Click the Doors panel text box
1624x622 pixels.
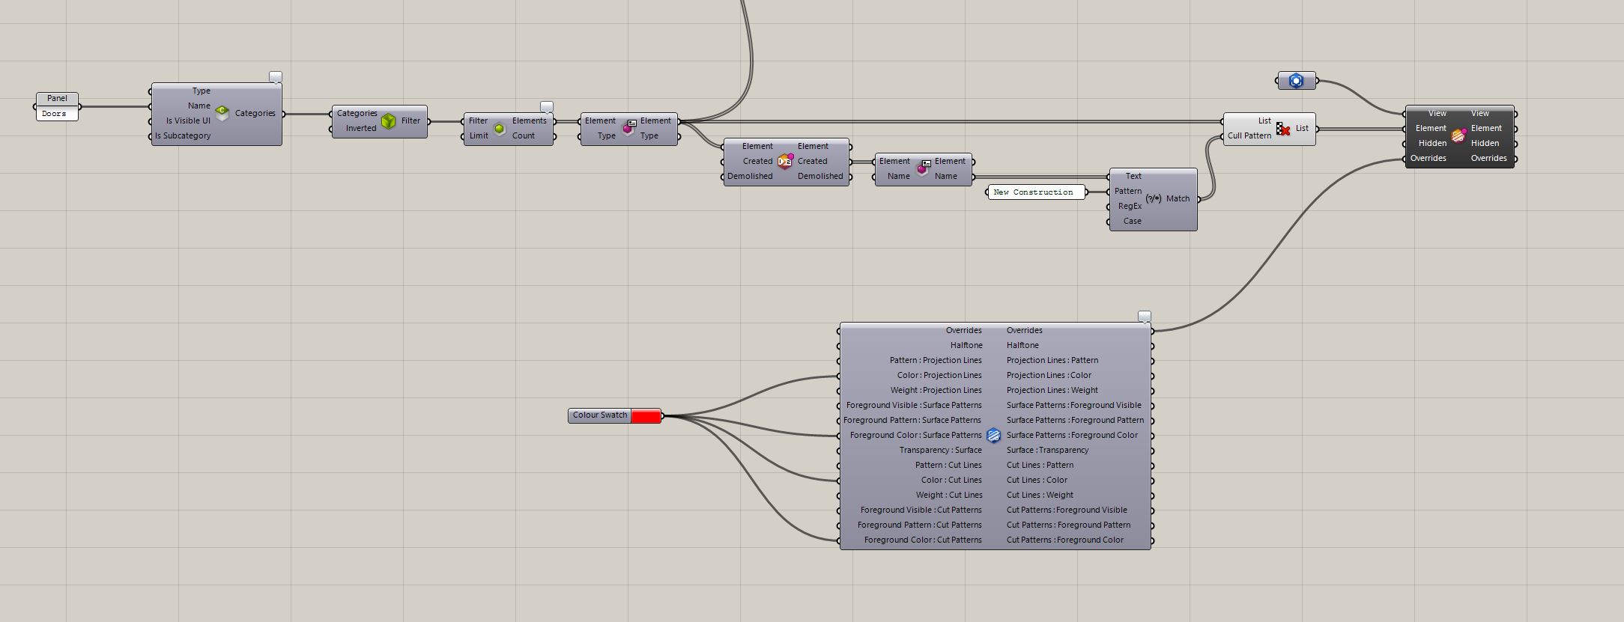click(x=57, y=114)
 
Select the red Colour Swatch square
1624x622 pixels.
click(x=646, y=415)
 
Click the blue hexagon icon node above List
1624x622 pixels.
click(x=1297, y=81)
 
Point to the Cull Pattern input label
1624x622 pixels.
click(x=1249, y=135)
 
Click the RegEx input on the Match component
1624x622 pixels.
click(x=1130, y=206)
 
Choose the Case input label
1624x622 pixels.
click(x=1132, y=221)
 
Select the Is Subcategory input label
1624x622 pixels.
click(x=183, y=135)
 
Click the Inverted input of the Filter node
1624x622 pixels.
click(x=361, y=128)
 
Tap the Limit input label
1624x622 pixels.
click(x=479, y=135)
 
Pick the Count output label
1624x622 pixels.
click(x=524, y=135)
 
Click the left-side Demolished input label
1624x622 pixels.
click(x=750, y=176)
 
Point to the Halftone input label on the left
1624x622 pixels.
click(x=966, y=345)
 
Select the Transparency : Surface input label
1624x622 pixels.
click(x=940, y=450)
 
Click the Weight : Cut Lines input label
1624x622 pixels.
click(x=948, y=495)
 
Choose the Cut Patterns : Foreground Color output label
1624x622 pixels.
click(x=1065, y=540)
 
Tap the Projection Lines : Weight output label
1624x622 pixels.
click(x=1052, y=390)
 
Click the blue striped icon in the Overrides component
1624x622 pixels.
click(x=993, y=436)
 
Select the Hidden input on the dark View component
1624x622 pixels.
click(x=1432, y=143)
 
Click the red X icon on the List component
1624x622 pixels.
click(x=1284, y=129)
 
